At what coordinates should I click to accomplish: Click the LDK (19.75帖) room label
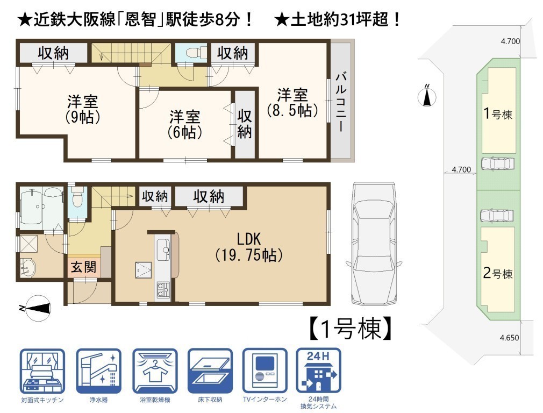(x=249, y=247)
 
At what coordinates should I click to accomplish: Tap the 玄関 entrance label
(x=84, y=267)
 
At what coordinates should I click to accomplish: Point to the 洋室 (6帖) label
(x=184, y=125)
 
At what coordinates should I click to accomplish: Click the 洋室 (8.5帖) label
(x=292, y=103)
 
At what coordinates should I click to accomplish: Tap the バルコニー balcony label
(x=341, y=102)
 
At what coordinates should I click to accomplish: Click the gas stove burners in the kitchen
(x=163, y=290)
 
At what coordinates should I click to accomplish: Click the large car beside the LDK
(x=373, y=244)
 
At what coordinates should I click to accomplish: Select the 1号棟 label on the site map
(x=498, y=113)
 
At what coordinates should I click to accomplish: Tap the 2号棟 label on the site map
(x=498, y=273)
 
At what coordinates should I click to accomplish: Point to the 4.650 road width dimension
(x=510, y=338)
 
